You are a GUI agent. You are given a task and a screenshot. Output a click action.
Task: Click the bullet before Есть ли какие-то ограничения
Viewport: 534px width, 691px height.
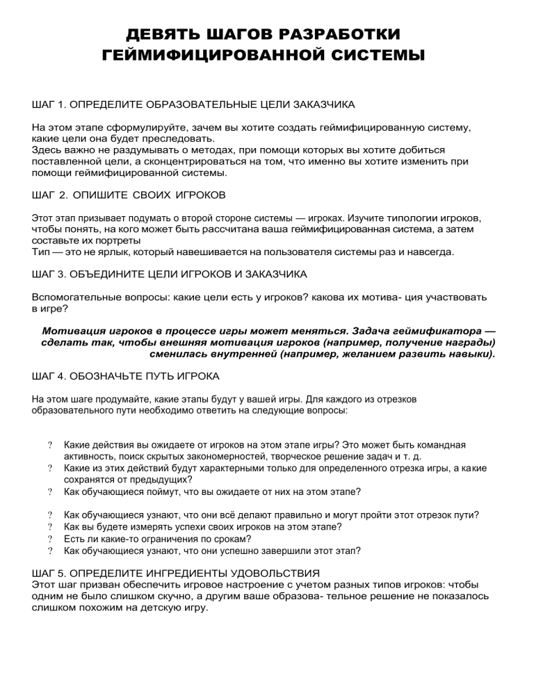point(50,539)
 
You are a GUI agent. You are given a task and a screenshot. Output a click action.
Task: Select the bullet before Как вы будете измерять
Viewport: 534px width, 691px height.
point(50,527)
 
